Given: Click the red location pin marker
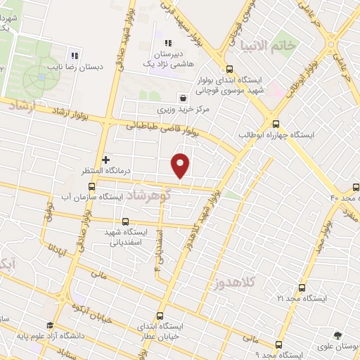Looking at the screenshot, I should pos(181,165).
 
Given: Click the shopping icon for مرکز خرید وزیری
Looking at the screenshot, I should pos(183,99).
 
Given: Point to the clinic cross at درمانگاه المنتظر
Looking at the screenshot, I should pos(105,160).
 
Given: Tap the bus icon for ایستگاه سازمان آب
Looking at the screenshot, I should pos(91,186).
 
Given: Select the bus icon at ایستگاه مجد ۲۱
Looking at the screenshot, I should pos(302,288).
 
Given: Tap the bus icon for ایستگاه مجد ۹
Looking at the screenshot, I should pos(279,345).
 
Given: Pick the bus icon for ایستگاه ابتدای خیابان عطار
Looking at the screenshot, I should pos(160,316).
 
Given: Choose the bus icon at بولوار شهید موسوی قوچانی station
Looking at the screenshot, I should pos(229,70).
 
